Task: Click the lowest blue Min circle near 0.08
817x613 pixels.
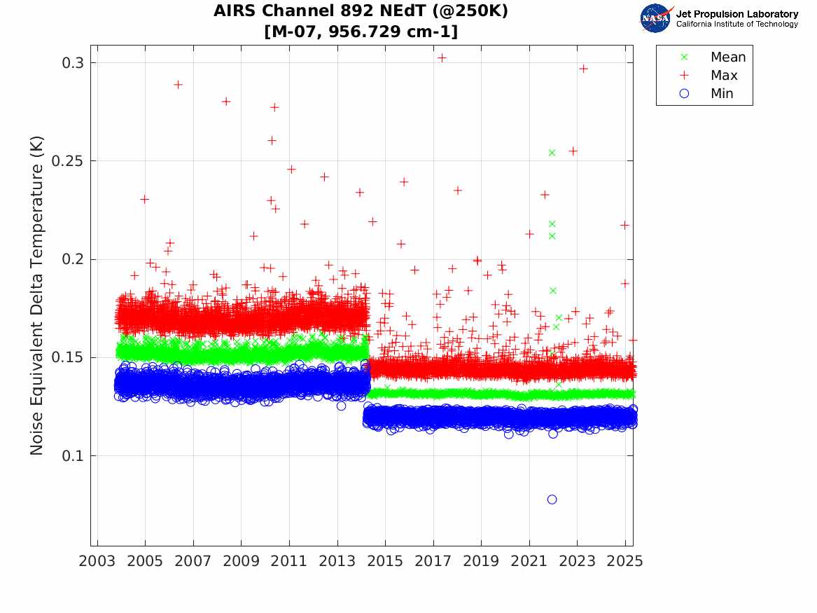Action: tap(552, 500)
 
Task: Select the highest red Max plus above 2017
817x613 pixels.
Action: tap(442, 58)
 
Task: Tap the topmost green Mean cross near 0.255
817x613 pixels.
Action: tap(552, 153)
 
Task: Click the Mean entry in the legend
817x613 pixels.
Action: tap(727, 57)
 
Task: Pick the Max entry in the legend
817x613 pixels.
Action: tap(723, 76)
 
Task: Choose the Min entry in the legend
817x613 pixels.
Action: tap(722, 94)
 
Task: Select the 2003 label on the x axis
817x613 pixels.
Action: tap(97, 561)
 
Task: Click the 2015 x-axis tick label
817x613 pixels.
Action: tap(386, 561)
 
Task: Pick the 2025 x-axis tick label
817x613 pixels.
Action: tap(625, 561)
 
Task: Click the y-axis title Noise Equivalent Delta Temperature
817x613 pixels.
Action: tap(37, 294)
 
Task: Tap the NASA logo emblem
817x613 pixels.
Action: tap(656, 18)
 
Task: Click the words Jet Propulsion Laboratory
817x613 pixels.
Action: tap(736, 14)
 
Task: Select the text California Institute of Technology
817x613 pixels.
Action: tap(736, 25)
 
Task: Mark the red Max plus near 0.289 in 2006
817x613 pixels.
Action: tap(178, 85)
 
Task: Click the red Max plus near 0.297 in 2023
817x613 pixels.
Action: tap(583, 69)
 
